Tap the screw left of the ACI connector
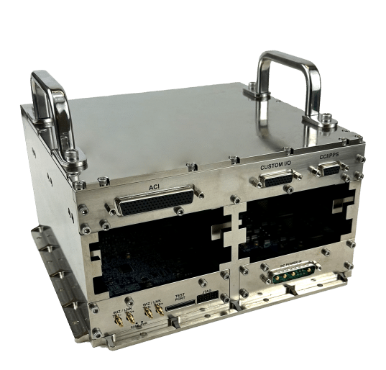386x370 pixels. coord(110,212)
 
